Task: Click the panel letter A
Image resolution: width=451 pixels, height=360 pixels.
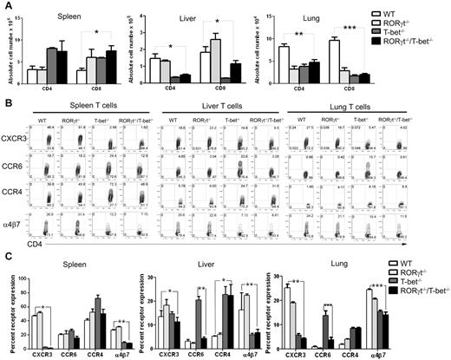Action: tap(6, 7)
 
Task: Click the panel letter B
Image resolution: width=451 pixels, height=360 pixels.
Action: tap(6, 102)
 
